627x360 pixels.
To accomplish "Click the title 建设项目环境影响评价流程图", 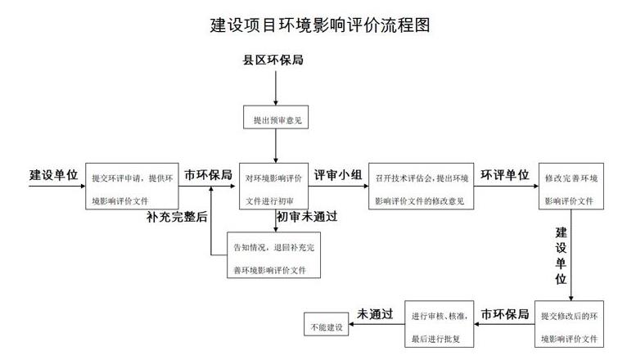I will coord(319,25).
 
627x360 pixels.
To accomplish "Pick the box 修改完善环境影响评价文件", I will coord(571,187).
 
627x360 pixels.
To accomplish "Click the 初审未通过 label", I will coord(307,218).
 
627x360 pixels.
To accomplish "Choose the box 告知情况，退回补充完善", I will coord(273,256).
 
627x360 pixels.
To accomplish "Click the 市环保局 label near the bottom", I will coord(504,313).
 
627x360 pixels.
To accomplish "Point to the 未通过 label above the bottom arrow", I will coord(375,313).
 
